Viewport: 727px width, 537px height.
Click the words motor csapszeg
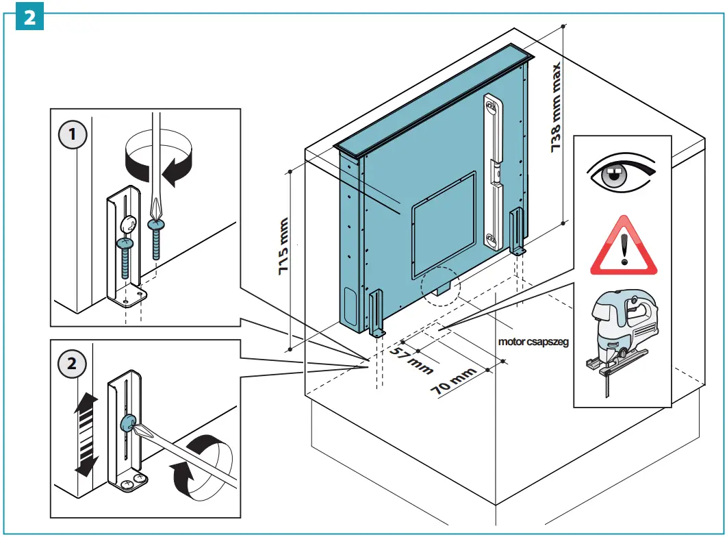pyautogui.click(x=533, y=340)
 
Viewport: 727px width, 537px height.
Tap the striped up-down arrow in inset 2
pyautogui.click(x=86, y=435)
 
